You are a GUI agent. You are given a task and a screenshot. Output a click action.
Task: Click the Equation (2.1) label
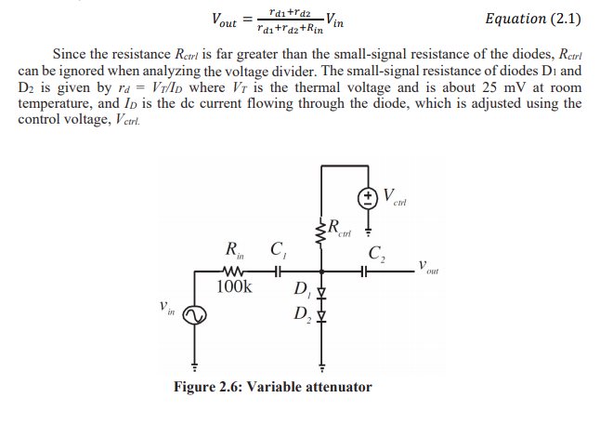tap(534, 18)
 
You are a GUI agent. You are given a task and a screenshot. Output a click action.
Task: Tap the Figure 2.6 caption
tap(272, 387)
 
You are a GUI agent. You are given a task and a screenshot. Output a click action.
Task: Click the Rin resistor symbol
tap(230, 272)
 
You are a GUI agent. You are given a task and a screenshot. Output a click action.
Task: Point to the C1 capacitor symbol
tap(277, 272)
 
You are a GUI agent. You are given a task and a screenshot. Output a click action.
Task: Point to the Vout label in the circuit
tap(426, 268)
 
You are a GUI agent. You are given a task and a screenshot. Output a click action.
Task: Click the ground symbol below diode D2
tap(322, 365)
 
